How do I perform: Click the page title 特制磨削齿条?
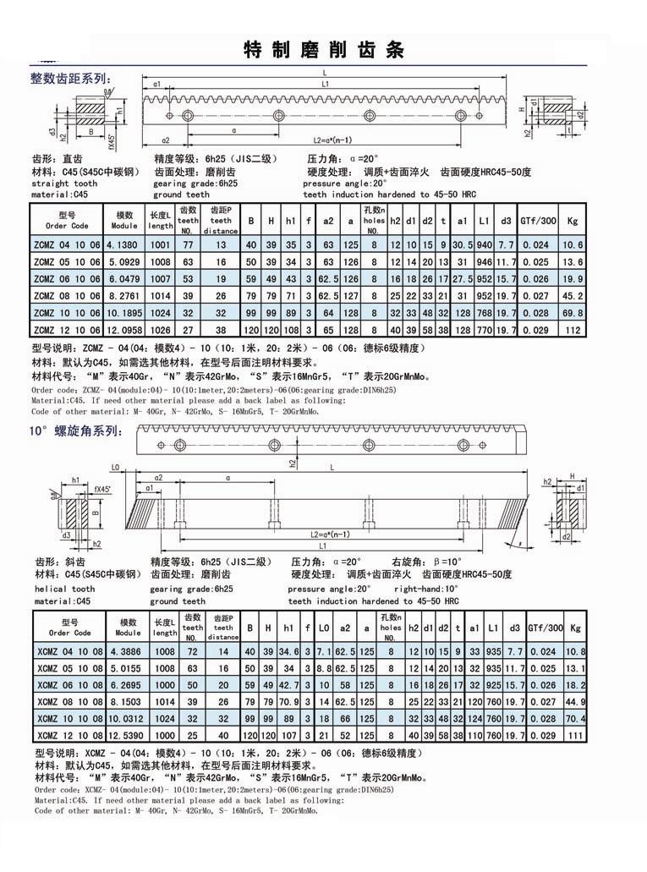coord(323,49)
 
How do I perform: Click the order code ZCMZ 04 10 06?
coord(67,244)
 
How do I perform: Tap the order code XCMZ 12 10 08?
coord(69,735)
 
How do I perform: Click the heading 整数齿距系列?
coord(69,80)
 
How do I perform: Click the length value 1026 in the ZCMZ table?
coord(161,329)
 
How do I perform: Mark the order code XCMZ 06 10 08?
coord(69,685)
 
